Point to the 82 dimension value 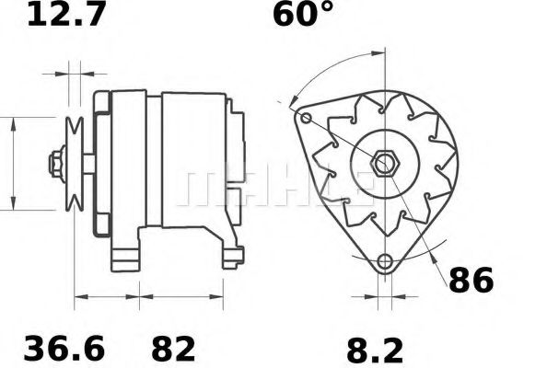click(172, 349)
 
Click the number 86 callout click(471, 280)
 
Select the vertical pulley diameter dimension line click(14, 163)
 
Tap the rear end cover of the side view click(236, 147)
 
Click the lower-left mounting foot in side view click(124, 253)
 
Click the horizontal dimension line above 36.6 click(106, 297)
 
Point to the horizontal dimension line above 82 click(181, 297)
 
